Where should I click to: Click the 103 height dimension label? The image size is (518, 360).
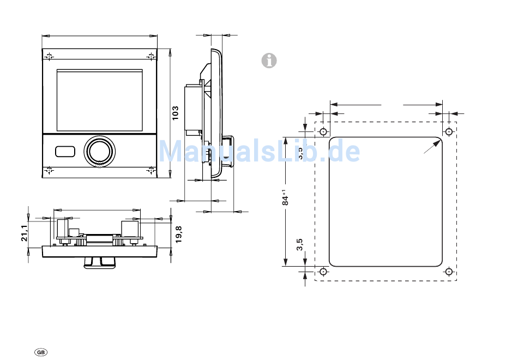pos(175,112)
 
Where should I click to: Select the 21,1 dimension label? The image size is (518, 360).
pos(25,233)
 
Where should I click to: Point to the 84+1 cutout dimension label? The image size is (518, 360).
pos(285,197)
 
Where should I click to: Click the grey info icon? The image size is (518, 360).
pos(269,61)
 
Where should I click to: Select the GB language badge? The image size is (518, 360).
pos(41,352)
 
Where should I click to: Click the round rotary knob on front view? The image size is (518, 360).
pos(99,150)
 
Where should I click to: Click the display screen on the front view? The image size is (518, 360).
pos(99,100)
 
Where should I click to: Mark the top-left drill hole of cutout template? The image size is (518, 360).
pos(323,131)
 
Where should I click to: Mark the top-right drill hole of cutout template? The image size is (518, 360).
pos(449,131)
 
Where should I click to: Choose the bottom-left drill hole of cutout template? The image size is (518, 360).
pos(323,271)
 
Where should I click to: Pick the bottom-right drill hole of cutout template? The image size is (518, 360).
pos(449,271)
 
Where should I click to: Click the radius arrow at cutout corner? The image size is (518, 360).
pos(433,146)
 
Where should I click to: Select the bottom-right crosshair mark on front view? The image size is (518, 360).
pos(150,170)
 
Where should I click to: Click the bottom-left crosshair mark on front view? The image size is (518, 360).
pos(49,170)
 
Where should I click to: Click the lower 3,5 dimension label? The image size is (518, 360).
pos(299,244)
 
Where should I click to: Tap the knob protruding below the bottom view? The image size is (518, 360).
pos(100,262)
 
